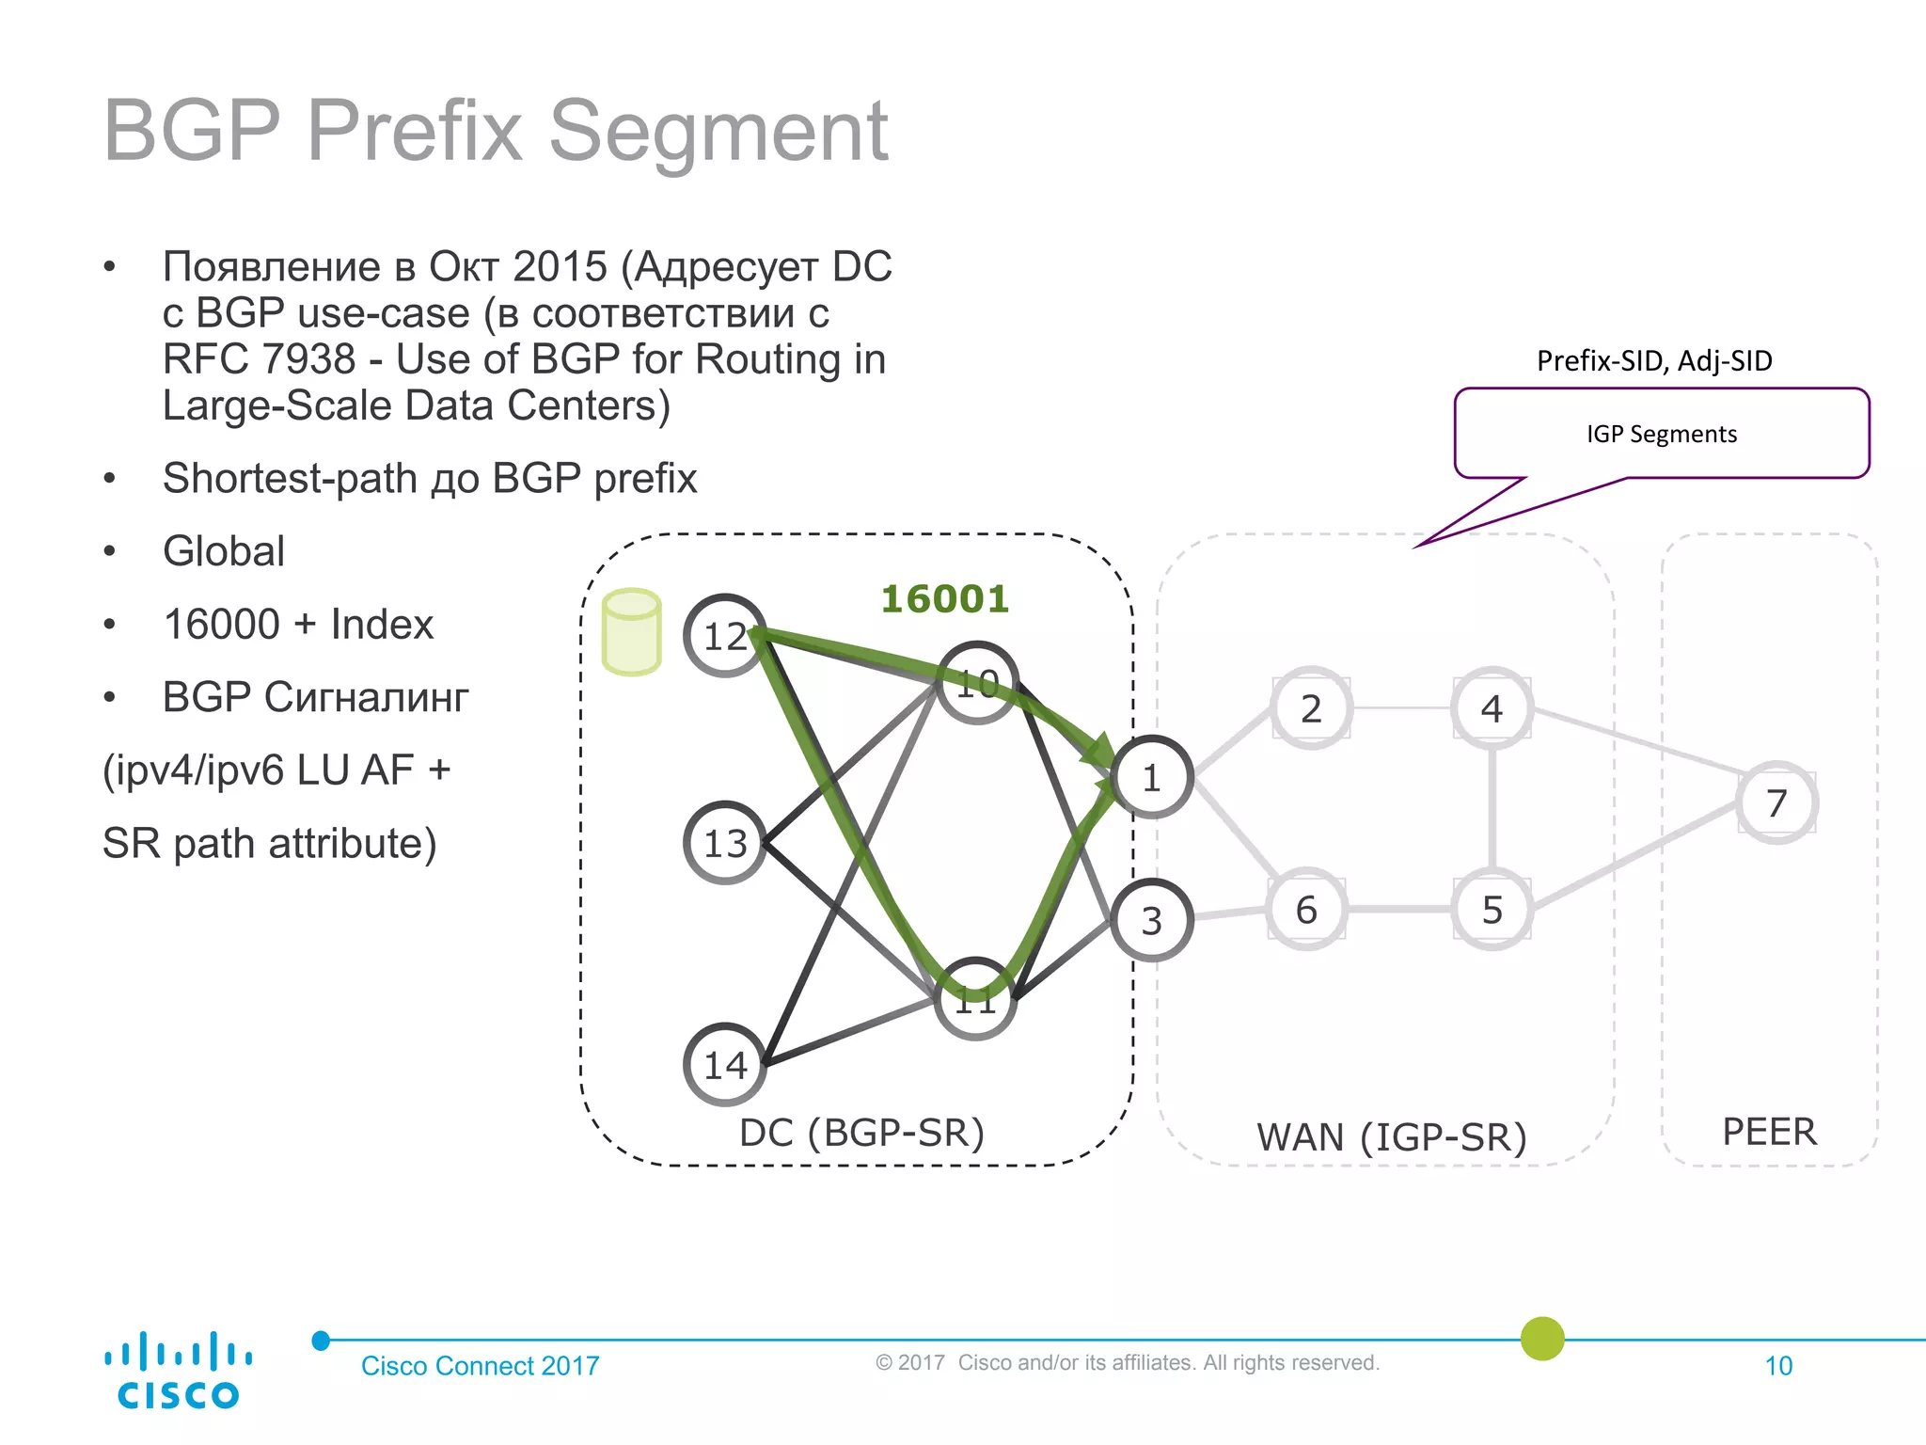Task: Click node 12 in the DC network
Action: [724, 636]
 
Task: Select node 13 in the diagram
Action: [724, 843]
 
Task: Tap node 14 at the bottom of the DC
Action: [724, 1064]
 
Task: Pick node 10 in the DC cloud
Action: [977, 683]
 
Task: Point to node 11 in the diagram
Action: [975, 999]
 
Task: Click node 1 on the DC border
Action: [1151, 778]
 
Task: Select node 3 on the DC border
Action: [1151, 920]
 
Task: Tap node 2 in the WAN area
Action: [1311, 708]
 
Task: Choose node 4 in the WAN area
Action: [1492, 708]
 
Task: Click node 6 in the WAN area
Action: [1306, 909]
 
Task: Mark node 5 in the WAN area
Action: [1492, 909]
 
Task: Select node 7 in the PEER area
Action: [1776, 802]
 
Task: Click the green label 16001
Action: [944, 598]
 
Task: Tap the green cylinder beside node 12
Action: [631, 632]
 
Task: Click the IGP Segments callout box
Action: [1661, 434]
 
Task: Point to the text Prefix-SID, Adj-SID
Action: [1653, 360]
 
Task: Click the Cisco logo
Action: [178, 1371]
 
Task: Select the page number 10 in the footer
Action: [1777, 1366]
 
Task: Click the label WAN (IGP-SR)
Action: [1391, 1136]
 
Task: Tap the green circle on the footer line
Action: [1542, 1338]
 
